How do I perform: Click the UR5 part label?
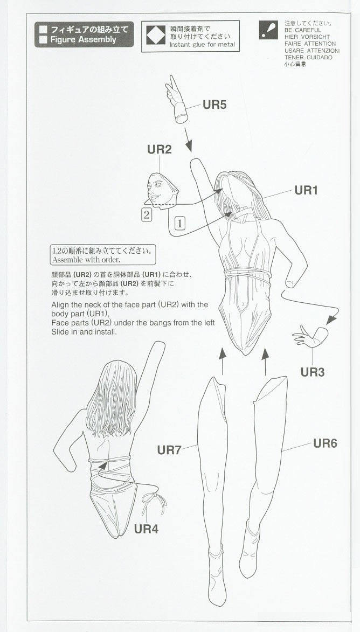[x=214, y=105]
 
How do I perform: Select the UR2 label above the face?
[x=159, y=149]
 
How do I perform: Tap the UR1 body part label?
[x=306, y=190]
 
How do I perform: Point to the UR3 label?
[x=313, y=372]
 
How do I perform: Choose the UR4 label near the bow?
[x=146, y=529]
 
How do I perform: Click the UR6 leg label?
[x=325, y=443]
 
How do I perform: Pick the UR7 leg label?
[x=169, y=450]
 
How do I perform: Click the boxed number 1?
[x=180, y=223]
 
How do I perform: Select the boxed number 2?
[x=147, y=214]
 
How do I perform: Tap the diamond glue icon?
[x=156, y=36]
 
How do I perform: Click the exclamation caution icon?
[x=268, y=30]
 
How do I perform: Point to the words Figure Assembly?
[x=83, y=39]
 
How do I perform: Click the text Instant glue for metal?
[x=202, y=44]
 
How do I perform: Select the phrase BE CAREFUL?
[x=303, y=30]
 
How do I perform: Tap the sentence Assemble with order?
[x=86, y=260]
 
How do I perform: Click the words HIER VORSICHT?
[x=307, y=37]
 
